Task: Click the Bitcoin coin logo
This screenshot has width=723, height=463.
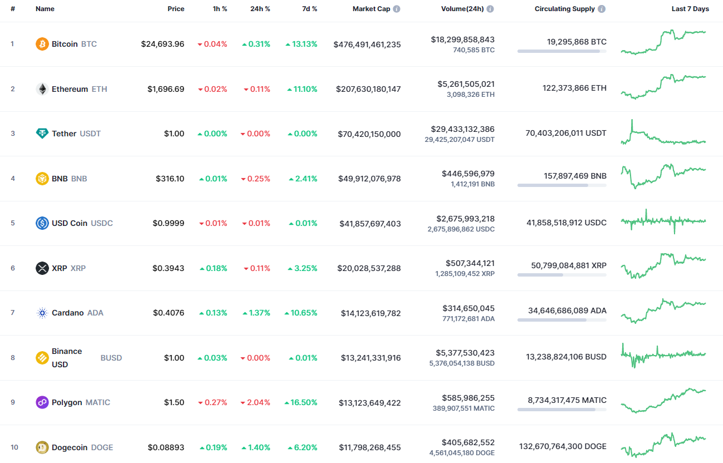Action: tap(42, 44)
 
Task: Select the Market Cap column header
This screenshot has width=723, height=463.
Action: tap(372, 9)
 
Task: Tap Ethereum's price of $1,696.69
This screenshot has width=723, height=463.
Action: tap(166, 89)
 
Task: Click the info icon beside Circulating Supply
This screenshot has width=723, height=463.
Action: tap(602, 9)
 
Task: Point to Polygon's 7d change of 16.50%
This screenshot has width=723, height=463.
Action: tap(301, 402)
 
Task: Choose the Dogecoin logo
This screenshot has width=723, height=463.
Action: tap(42, 447)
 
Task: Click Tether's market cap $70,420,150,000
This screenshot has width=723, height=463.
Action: tap(369, 134)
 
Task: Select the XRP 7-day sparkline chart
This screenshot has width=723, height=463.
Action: tap(663, 265)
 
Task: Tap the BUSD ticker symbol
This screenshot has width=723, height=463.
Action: tap(111, 358)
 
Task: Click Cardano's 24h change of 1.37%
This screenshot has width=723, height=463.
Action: tap(256, 313)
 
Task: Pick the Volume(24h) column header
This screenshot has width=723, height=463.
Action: tap(462, 9)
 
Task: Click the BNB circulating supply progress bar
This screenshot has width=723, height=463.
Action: tap(561, 185)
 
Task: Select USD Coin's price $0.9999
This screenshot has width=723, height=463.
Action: tap(168, 223)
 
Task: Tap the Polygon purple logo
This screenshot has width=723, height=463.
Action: tap(42, 402)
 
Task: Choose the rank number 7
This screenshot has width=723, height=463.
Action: tap(12, 313)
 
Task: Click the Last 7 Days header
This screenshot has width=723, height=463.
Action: tap(690, 9)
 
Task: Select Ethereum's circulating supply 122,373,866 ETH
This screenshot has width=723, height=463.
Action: tap(574, 88)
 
